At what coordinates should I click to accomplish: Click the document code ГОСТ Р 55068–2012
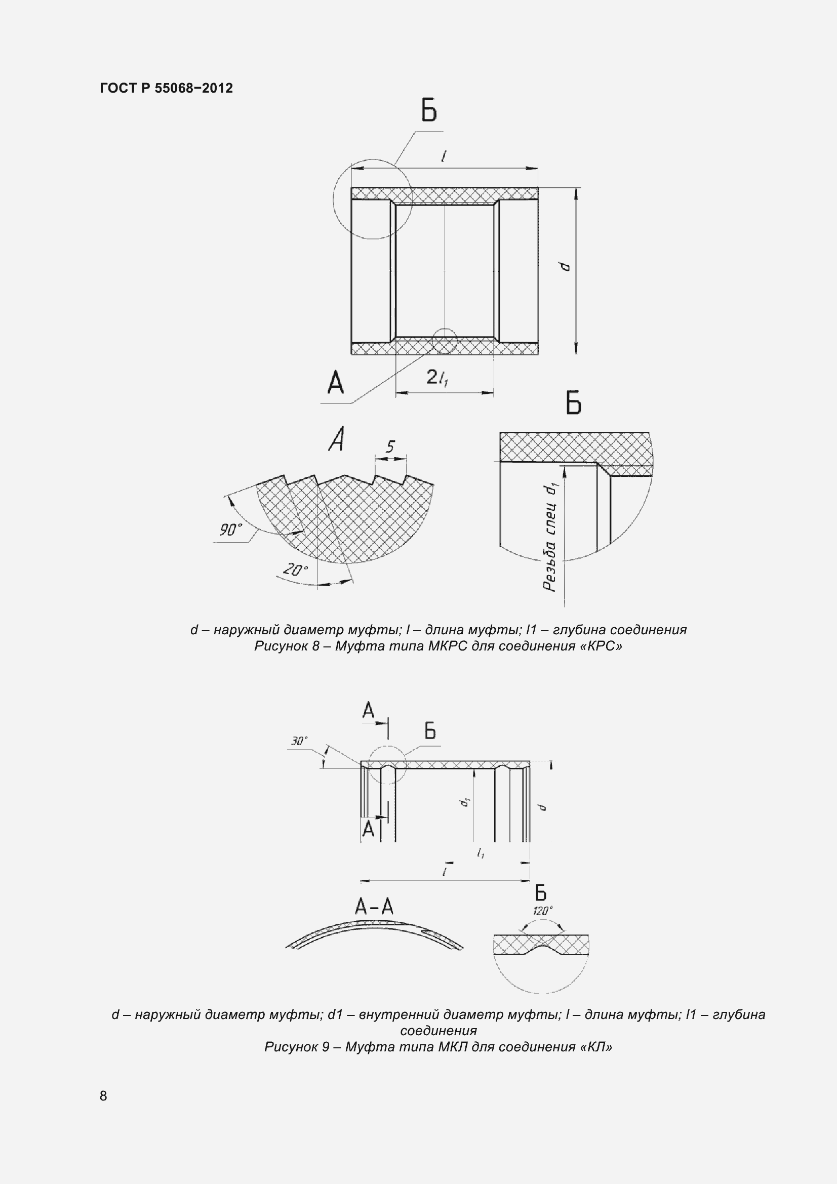pos(166,88)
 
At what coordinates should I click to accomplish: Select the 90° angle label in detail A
pos(230,529)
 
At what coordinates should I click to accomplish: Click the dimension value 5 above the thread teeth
pos(390,446)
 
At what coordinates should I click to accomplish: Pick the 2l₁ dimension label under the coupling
pos(437,378)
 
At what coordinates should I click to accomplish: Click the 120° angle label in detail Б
pos(542,911)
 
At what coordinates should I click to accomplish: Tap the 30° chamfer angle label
pos(299,741)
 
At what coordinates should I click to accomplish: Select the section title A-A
pos(374,907)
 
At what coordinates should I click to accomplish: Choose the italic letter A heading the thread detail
pos(337,439)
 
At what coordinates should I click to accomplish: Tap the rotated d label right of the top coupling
pos(566,266)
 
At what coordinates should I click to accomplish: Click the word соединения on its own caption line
pos(439,1030)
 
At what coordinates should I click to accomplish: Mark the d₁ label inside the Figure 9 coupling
pos(466,802)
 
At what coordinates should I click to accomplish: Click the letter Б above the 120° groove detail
pos(540,892)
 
